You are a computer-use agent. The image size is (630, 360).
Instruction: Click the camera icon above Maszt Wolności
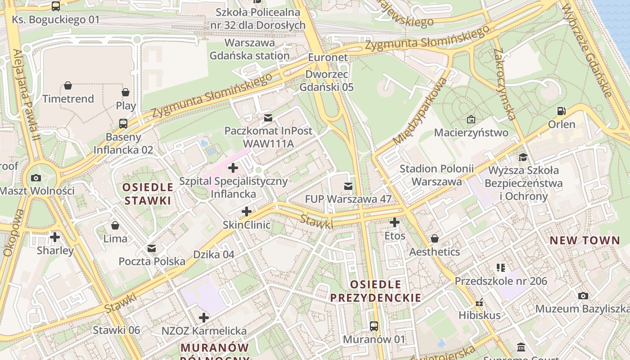(x=36, y=178)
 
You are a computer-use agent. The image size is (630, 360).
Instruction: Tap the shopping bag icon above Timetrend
(x=68, y=85)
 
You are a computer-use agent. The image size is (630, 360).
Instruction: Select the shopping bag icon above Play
(x=126, y=92)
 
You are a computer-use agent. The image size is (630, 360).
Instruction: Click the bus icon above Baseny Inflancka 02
(x=123, y=123)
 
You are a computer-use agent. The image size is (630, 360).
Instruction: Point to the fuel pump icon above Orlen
(x=561, y=111)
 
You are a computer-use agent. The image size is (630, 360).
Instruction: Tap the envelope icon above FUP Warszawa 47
(x=348, y=186)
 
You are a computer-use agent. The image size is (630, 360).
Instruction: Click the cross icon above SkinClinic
(x=247, y=211)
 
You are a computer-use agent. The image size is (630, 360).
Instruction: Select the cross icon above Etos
(x=395, y=222)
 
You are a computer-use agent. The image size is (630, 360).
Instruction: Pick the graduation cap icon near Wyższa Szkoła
(x=523, y=157)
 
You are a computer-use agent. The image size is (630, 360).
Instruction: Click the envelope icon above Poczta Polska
(x=152, y=248)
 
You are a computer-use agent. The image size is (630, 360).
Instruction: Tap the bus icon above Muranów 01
(x=373, y=326)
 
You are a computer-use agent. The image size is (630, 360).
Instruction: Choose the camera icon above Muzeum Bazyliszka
(x=583, y=296)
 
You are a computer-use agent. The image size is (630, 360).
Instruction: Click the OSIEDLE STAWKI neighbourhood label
(x=148, y=194)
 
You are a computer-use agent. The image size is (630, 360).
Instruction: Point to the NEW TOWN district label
(x=585, y=240)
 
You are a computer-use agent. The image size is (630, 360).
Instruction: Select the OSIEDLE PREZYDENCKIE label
(x=375, y=291)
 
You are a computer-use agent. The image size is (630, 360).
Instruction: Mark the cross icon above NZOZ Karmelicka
(x=204, y=318)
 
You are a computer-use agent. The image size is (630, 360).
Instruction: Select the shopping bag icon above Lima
(x=115, y=225)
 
